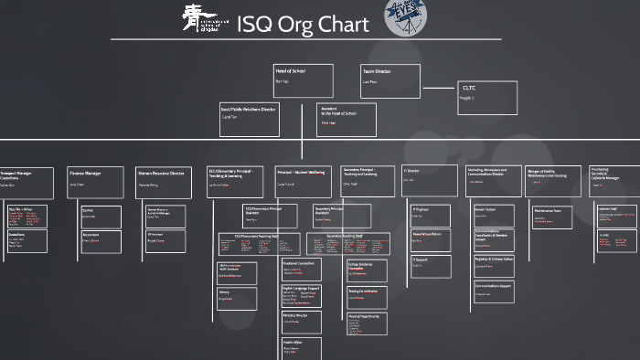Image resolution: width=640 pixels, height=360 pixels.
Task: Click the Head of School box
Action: (303, 80)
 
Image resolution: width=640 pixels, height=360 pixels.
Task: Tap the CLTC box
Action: (487, 100)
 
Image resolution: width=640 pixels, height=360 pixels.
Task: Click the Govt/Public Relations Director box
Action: (250, 120)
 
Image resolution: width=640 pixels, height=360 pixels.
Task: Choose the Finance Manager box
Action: (94, 181)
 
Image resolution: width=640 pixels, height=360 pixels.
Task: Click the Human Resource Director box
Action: (165, 181)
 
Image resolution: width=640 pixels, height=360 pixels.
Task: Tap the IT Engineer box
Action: (430, 216)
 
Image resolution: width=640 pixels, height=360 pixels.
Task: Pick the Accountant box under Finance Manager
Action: (101, 242)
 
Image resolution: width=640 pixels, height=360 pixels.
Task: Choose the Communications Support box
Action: (494, 291)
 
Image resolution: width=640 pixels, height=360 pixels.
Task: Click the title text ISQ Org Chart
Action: (303, 25)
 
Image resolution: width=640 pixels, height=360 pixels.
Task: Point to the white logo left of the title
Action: (203, 20)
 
